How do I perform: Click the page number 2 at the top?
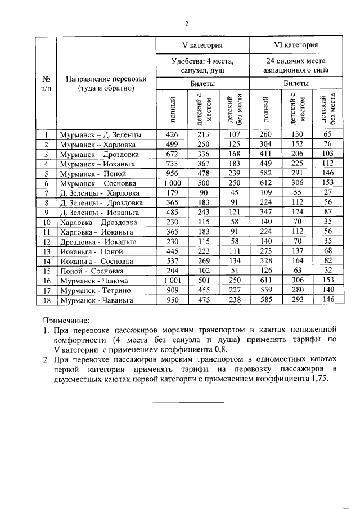[x=186, y=23]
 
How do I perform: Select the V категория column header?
[x=202, y=44]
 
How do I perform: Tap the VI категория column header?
[x=297, y=44]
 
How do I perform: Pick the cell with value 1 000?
[x=173, y=183]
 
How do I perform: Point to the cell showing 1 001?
[x=173, y=280]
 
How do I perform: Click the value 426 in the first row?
[x=173, y=134]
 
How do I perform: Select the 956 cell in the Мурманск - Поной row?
[x=173, y=174]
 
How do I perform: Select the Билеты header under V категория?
[x=202, y=83]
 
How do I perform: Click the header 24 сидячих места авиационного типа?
[x=297, y=65]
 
